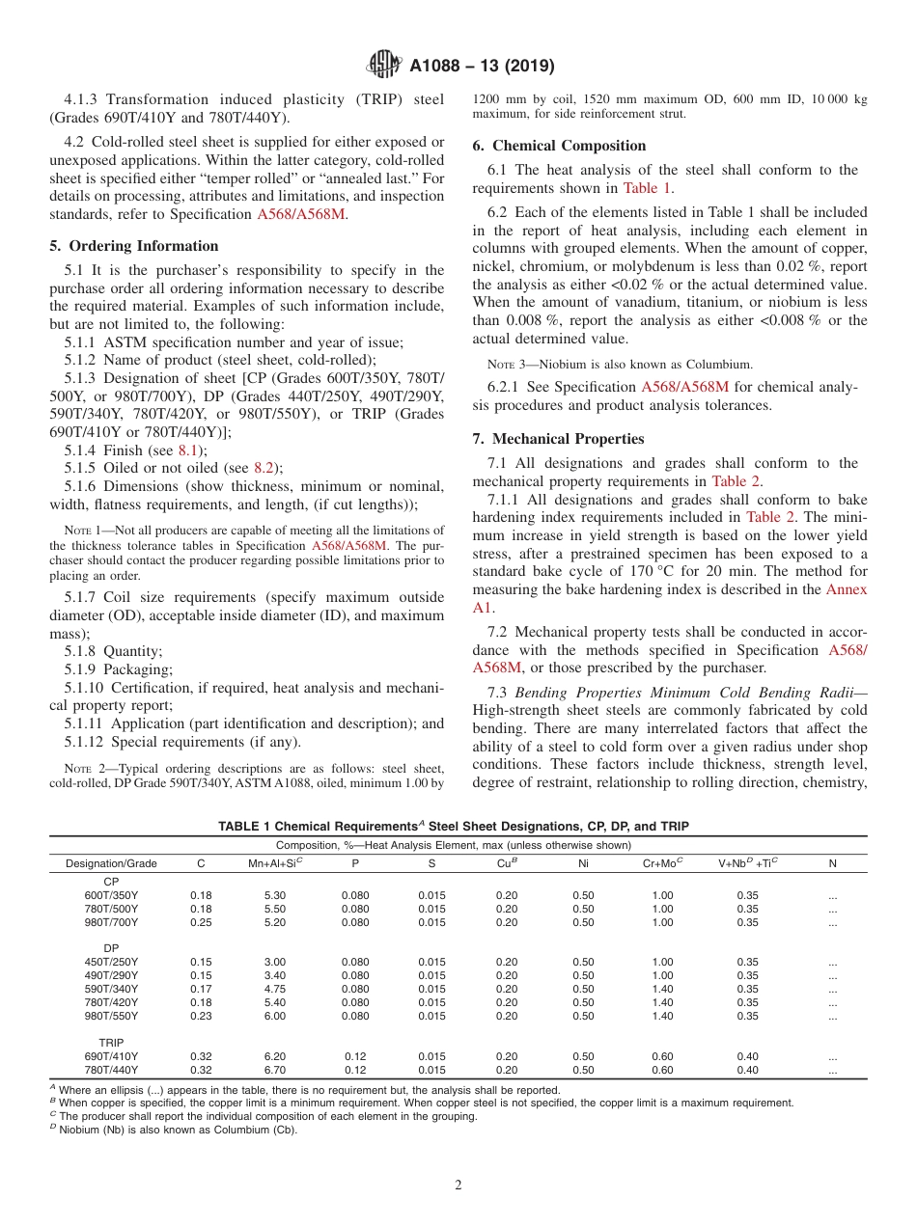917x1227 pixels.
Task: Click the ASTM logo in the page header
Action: click(x=383, y=67)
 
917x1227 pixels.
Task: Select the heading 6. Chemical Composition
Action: click(x=559, y=146)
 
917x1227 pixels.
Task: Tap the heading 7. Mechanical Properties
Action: click(x=558, y=439)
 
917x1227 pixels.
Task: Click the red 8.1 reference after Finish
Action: click(x=189, y=450)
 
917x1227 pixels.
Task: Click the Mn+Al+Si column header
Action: click(x=275, y=863)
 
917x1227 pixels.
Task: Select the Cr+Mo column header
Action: click(x=662, y=863)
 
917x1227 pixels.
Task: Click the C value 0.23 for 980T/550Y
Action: click(x=201, y=1016)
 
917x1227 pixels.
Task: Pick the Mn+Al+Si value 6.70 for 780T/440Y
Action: click(x=275, y=1070)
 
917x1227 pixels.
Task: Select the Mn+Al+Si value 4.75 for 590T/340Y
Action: click(x=275, y=989)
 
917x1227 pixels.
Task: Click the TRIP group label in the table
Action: click(x=111, y=1043)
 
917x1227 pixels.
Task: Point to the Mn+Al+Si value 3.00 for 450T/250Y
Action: click(x=275, y=962)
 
